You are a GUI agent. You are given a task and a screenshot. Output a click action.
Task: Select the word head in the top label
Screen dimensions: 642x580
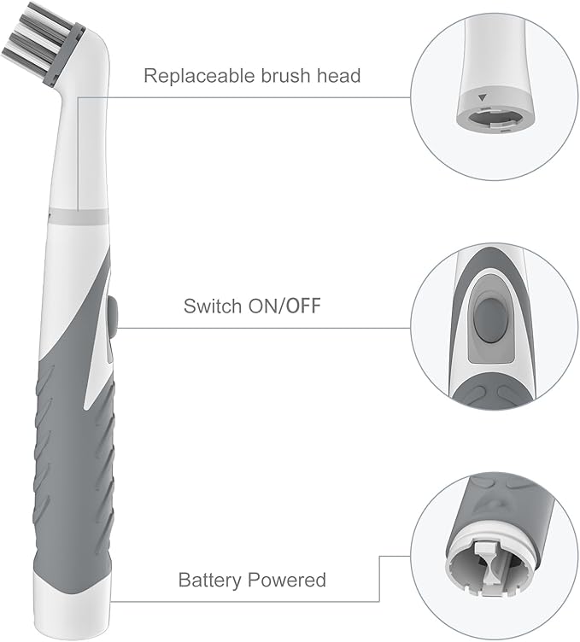337,76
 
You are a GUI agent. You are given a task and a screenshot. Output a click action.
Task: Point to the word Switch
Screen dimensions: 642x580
212,306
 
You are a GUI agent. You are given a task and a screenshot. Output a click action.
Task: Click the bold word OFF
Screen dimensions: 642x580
303,306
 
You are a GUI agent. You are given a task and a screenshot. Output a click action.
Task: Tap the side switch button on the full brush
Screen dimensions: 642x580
114,311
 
